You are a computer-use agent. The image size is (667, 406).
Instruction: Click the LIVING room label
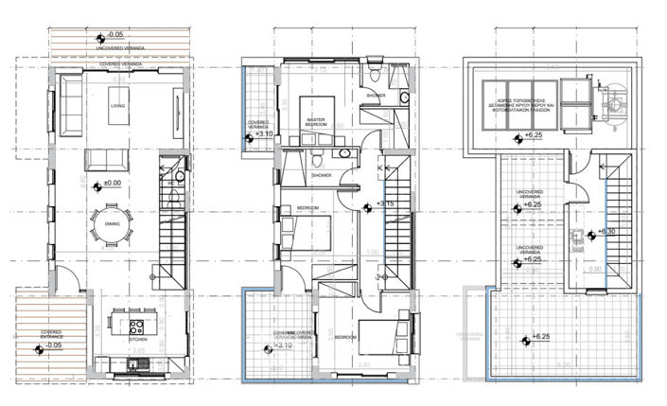coord(117,106)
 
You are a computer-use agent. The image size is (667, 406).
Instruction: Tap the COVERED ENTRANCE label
coord(50,334)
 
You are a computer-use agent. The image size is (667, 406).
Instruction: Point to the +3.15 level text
coord(385,203)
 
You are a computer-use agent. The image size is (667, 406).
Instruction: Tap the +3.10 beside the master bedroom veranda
coord(266,135)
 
